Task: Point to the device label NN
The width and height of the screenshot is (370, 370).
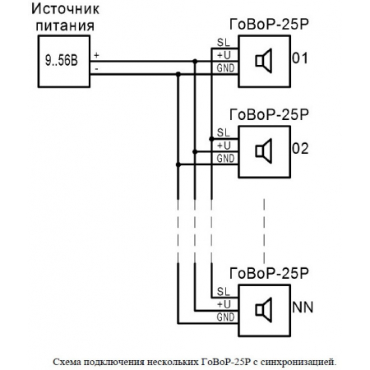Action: pyautogui.click(x=302, y=308)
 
